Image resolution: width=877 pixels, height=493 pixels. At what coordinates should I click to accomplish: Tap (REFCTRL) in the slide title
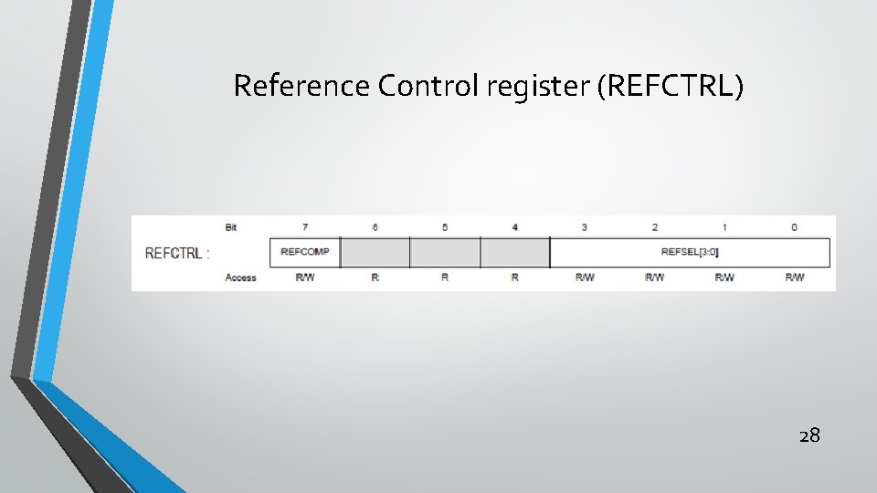click(671, 87)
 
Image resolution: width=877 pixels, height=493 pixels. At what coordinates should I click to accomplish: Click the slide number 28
click(809, 435)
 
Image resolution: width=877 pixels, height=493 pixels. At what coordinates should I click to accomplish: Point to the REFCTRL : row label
click(176, 253)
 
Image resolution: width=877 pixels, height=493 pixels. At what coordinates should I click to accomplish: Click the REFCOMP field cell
click(305, 252)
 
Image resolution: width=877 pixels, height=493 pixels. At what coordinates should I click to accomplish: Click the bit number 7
click(305, 226)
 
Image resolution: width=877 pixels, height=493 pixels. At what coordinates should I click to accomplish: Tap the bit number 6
click(375, 226)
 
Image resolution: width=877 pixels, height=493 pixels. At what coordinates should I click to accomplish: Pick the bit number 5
click(445, 226)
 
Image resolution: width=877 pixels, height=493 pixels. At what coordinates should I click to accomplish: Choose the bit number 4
click(514, 226)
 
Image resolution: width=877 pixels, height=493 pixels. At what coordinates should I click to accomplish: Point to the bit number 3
click(585, 226)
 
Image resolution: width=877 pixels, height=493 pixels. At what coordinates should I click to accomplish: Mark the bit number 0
click(795, 226)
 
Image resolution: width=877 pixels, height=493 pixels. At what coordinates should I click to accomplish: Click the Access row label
click(240, 278)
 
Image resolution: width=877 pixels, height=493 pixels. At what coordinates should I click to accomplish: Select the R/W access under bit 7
click(305, 278)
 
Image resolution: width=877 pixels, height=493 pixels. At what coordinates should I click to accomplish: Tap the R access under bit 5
click(445, 278)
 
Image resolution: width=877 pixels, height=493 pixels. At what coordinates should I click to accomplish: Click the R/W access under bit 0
click(795, 278)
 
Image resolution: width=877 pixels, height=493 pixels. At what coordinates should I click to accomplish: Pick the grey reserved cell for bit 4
click(514, 252)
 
